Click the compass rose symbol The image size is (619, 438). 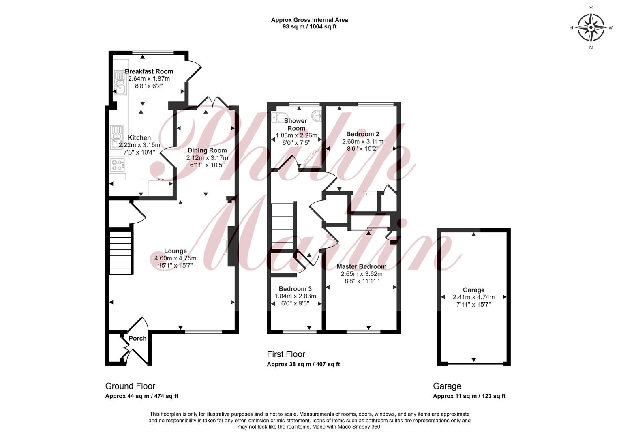click(591, 28)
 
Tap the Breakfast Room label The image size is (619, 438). click(149, 71)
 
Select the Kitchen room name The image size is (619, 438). click(139, 138)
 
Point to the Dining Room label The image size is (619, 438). click(207, 150)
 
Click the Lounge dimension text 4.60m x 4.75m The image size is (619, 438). click(176, 258)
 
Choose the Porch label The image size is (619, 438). click(137, 338)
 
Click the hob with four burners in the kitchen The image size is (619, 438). click(118, 165)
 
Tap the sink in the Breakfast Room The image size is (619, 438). click(120, 83)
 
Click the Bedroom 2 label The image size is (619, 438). click(362, 134)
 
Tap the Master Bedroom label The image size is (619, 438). click(362, 266)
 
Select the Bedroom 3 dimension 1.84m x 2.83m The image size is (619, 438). click(295, 296)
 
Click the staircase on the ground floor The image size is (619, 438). click(120, 253)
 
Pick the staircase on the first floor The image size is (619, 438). click(282, 226)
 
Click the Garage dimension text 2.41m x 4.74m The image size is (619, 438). click(473, 297)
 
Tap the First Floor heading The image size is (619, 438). click(286, 354)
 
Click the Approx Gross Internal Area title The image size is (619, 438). click(310, 20)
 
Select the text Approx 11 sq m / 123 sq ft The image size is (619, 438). click(469, 396)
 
